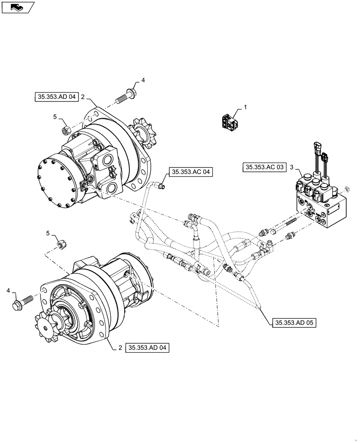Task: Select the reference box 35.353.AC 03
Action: (264, 167)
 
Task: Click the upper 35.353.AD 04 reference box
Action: (56, 96)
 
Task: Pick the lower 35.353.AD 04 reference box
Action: (148, 348)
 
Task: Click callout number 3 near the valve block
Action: (291, 167)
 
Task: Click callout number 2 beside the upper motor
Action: (82, 96)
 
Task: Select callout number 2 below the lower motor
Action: (120, 348)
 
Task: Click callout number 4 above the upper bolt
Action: (143, 80)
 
